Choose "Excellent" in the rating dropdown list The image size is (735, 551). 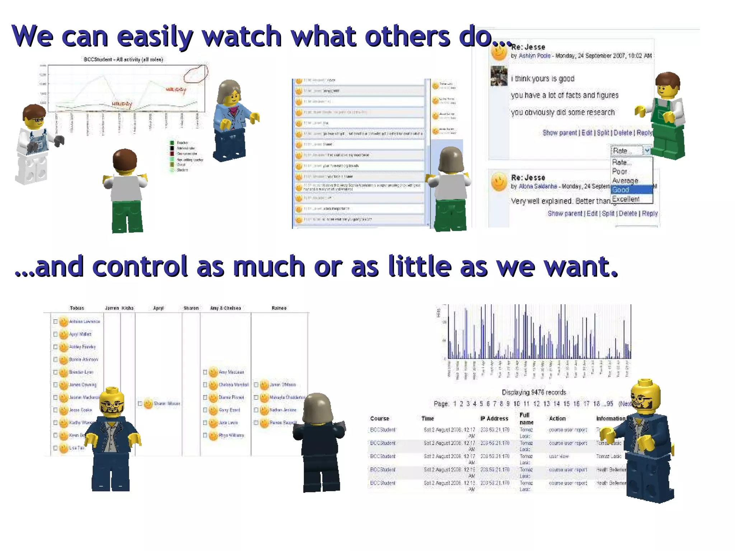pyautogui.click(x=626, y=199)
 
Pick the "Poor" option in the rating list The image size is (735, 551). pyautogui.click(x=620, y=171)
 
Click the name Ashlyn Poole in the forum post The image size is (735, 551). pyautogui.click(x=534, y=56)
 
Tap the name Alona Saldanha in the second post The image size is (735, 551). pyautogui.click(x=538, y=186)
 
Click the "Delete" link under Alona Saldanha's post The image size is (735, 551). pyautogui.click(x=628, y=213)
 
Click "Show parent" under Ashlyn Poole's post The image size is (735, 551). pyautogui.click(x=560, y=133)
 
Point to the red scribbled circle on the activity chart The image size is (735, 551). pyautogui.click(x=196, y=74)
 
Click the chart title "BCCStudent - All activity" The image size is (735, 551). pyautogui.click(x=123, y=60)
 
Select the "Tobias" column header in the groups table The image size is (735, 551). pyautogui.click(x=77, y=308)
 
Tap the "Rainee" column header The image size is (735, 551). pyautogui.click(x=279, y=308)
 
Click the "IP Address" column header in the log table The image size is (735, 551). pyautogui.click(x=494, y=418)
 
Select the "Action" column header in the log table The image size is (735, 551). pyautogui.click(x=557, y=418)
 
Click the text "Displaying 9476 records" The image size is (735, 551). pyautogui.click(x=534, y=392)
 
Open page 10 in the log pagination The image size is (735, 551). pyautogui.click(x=516, y=404)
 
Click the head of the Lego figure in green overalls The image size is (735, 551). pyautogui.click(x=668, y=86)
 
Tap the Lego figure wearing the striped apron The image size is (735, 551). pyautogui.click(x=34, y=143)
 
